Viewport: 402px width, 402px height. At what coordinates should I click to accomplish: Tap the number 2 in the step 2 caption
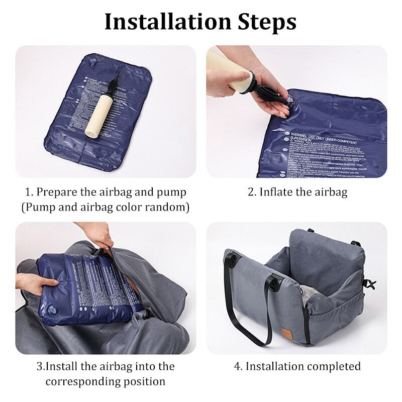click(x=251, y=192)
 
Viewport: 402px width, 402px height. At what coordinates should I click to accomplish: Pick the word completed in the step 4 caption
click(x=334, y=366)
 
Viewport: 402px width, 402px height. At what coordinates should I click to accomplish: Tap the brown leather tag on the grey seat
click(x=287, y=333)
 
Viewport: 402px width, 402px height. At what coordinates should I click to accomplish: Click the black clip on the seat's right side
click(x=370, y=284)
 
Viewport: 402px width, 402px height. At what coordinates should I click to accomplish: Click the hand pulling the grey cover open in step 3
click(x=98, y=234)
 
